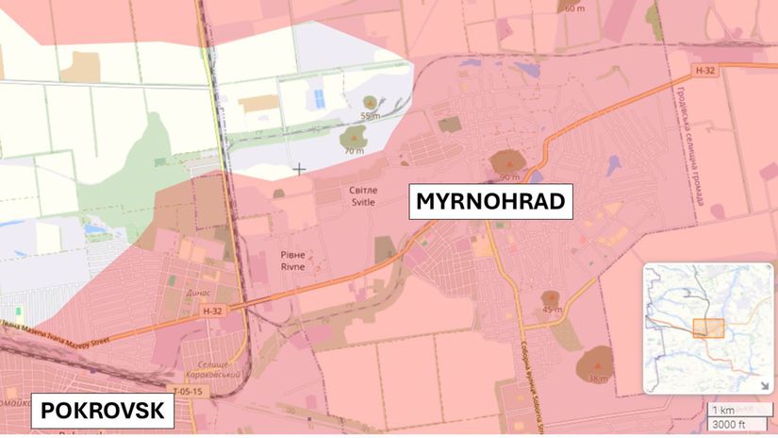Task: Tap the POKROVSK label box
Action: pyautogui.click(x=104, y=412)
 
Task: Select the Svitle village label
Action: pyautogui.click(x=362, y=195)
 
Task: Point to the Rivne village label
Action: pyautogui.click(x=291, y=260)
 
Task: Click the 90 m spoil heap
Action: pyautogui.click(x=508, y=164)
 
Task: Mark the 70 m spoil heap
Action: pyautogui.click(x=355, y=140)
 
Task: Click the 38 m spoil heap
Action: pyautogui.click(x=595, y=364)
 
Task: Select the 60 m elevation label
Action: pyautogui.click(x=573, y=8)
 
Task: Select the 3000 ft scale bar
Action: pyautogui.click(x=727, y=424)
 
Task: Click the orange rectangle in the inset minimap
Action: pyautogui.click(x=707, y=328)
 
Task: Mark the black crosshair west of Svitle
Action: pyautogui.click(x=300, y=170)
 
